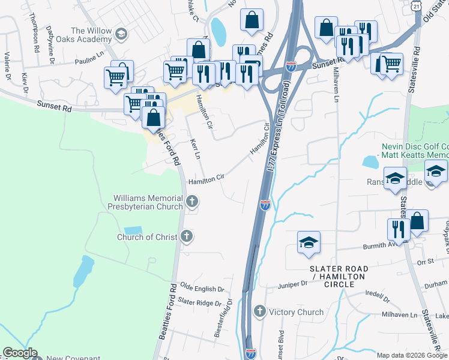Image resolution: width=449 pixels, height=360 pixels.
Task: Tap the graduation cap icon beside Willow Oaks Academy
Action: [x=122, y=33]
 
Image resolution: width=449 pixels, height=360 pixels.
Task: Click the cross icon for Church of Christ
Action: [x=187, y=236]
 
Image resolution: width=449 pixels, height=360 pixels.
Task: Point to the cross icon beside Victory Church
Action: [x=259, y=311]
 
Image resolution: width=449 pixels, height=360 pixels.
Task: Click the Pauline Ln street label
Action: [x=89, y=61]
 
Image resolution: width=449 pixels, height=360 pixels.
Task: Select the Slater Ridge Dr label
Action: [x=200, y=302]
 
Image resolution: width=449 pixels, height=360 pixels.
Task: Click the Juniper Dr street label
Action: [x=293, y=284]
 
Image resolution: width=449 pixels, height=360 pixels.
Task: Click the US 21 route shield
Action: [x=416, y=5]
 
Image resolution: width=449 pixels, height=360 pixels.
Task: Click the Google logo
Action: [x=20, y=353]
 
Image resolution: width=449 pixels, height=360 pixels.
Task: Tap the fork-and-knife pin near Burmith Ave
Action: [x=399, y=229]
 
